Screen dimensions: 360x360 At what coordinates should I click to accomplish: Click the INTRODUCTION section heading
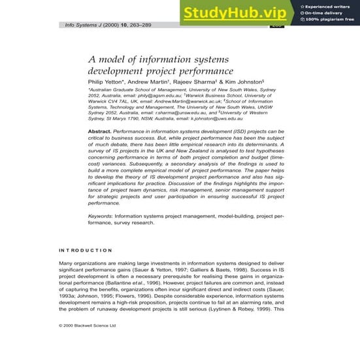86,250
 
